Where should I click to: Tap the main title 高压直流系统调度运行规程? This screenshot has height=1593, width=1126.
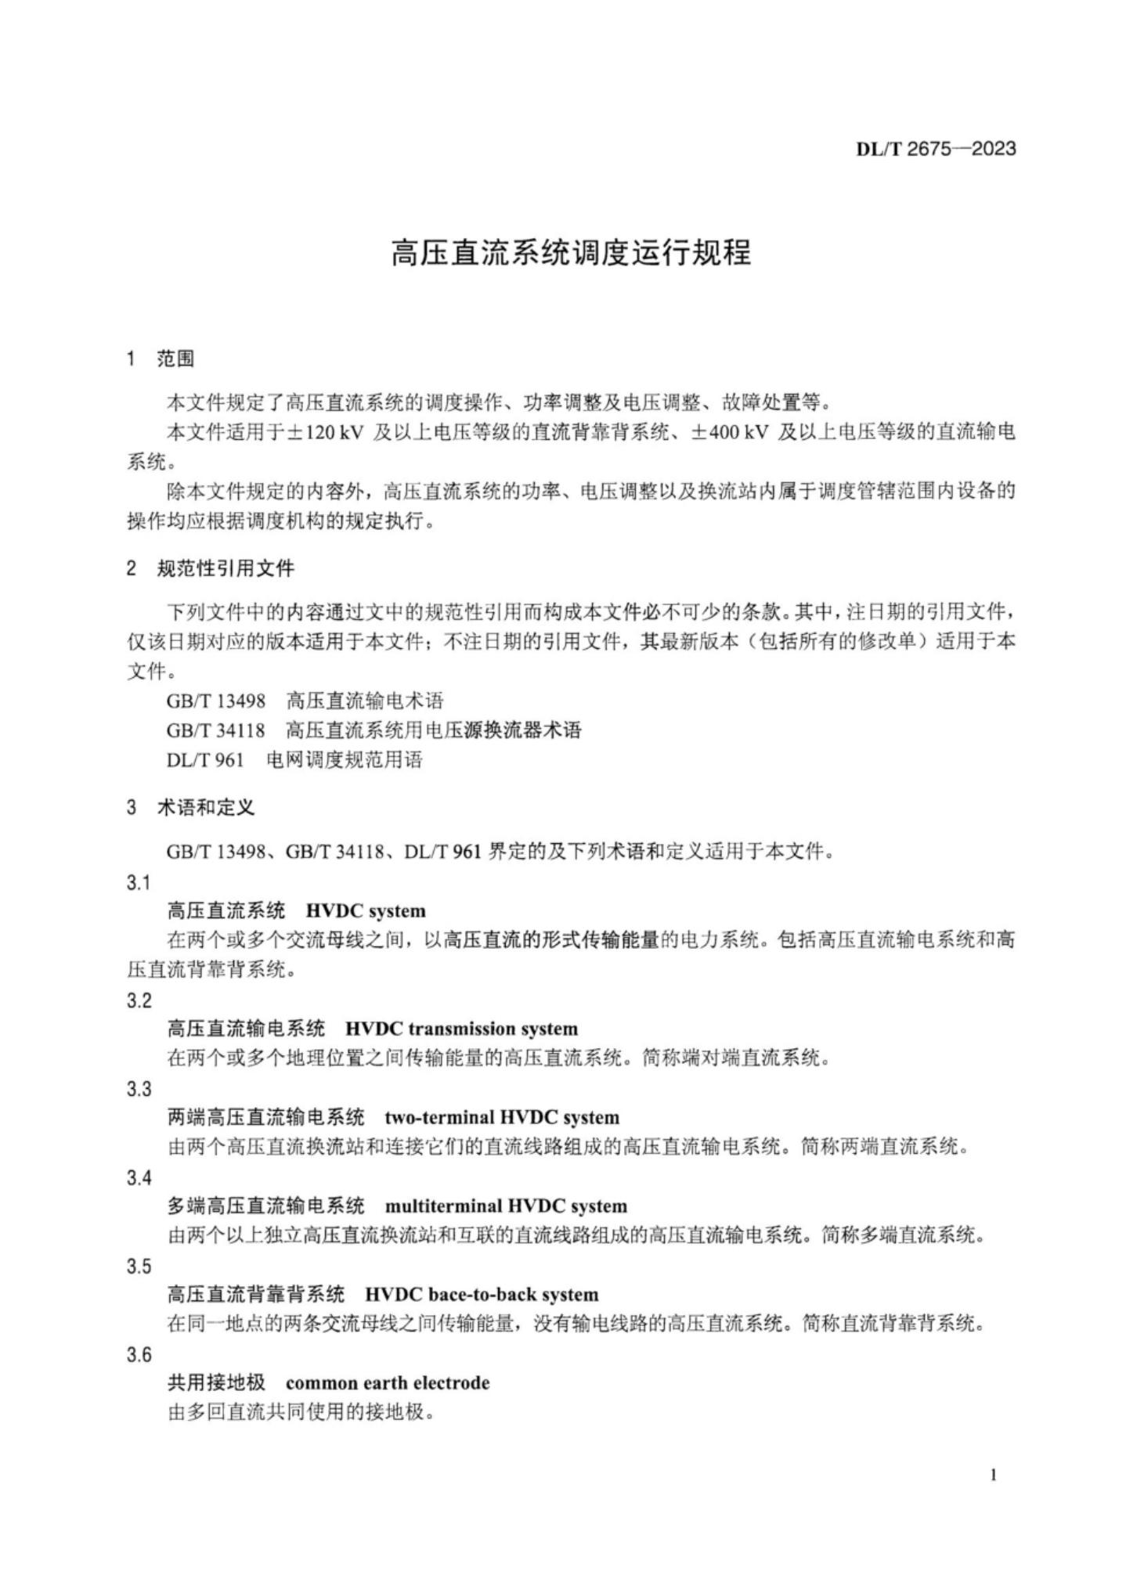coord(571,253)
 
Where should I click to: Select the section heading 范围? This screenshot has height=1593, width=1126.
coord(175,359)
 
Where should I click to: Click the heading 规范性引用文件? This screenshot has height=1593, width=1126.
coord(226,568)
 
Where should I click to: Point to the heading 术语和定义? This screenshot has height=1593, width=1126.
coord(206,807)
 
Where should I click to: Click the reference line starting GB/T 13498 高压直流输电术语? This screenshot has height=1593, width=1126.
coord(305,700)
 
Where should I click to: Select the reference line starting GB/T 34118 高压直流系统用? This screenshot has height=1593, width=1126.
coord(374,730)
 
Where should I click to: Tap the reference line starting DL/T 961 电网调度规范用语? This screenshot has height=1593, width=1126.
coord(294,760)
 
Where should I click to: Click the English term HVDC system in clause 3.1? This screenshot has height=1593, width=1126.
coord(366,911)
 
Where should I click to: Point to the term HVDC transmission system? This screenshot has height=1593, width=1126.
coord(461,1029)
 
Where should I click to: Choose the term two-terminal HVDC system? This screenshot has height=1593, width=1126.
coord(501,1117)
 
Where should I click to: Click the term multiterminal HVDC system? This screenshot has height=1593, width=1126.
coord(506,1206)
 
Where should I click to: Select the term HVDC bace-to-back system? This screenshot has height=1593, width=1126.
coord(481,1295)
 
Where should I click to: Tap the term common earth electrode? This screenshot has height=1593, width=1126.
coord(388,1383)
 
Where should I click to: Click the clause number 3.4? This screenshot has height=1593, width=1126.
coord(139,1178)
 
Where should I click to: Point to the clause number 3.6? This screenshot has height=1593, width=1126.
coord(139,1355)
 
